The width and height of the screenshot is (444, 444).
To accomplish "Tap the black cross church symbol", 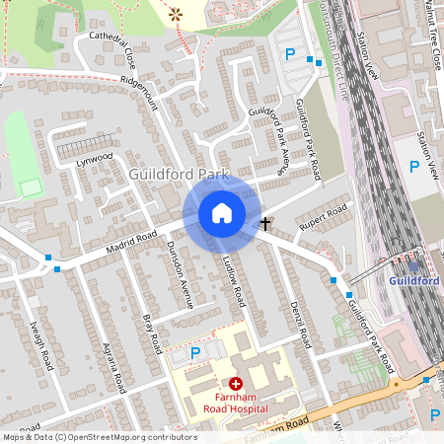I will tap(264, 224).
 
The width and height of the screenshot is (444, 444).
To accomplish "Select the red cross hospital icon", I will tap(236, 383).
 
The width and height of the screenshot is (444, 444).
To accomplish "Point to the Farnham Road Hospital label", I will tap(235, 404).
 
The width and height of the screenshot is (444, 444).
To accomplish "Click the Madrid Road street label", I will tap(133, 237).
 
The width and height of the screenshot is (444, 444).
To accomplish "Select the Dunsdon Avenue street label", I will tap(179, 273).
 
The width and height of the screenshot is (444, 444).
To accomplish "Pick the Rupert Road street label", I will tap(325, 217).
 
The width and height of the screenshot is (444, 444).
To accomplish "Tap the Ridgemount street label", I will tap(138, 89).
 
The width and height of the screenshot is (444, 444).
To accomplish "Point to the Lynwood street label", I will tap(95, 158).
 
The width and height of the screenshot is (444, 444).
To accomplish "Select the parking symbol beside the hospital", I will tap(194, 352).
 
